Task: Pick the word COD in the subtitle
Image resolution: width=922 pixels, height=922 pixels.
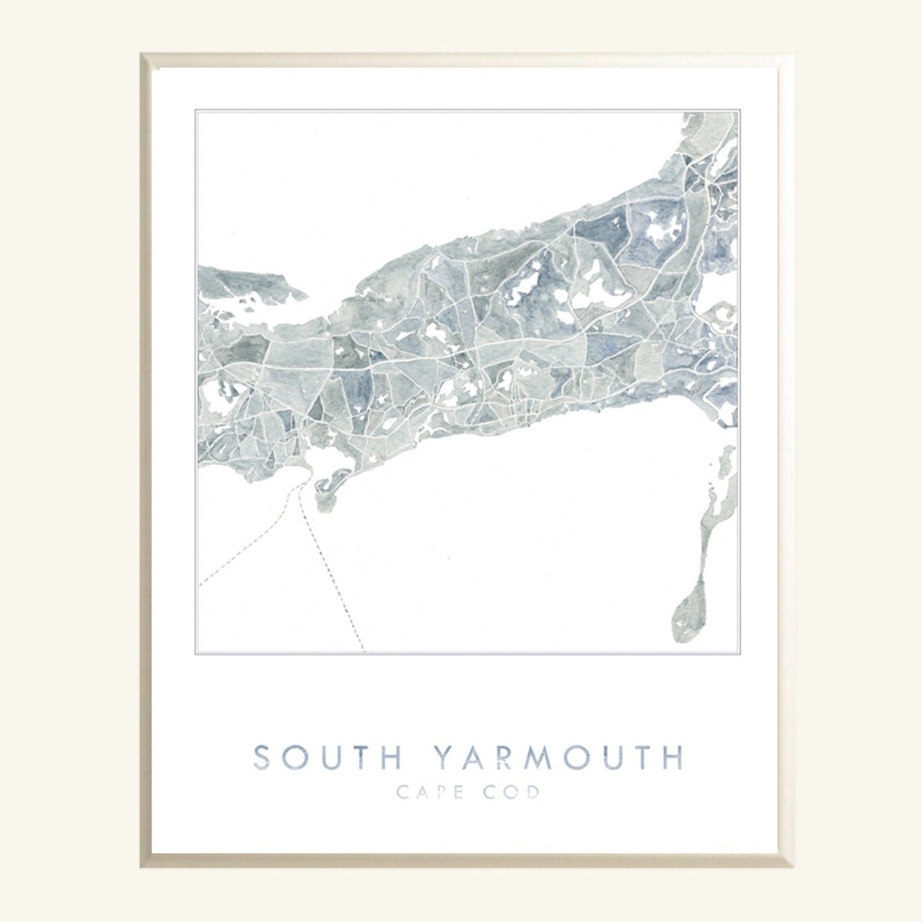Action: tap(512, 792)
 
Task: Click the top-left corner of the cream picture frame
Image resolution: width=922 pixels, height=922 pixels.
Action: tap(142, 55)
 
